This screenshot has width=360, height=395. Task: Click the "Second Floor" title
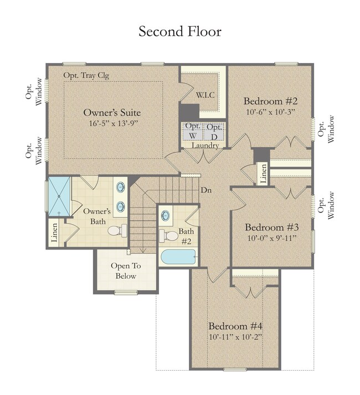tap(180, 32)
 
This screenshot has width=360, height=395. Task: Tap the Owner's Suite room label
tap(112, 112)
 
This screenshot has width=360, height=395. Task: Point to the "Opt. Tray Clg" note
tap(86, 75)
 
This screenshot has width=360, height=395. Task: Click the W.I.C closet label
tap(205, 95)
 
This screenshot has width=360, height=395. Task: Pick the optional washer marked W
tap(193, 131)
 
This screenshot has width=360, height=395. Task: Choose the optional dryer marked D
tap(214, 131)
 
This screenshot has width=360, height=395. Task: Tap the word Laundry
tap(205, 145)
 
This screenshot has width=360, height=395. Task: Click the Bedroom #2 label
tap(270, 101)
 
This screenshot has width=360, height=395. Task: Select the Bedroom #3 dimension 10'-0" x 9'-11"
tap(271, 238)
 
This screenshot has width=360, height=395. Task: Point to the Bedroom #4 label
tap(235, 326)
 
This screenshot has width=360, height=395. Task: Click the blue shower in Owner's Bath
tap(59, 196)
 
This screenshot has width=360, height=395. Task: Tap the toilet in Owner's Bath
tap(117, 231)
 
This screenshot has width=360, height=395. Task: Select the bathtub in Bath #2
tap(178, 257)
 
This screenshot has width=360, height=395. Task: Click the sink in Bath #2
tap(166, 215)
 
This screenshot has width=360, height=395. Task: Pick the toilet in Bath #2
tap(169, 236)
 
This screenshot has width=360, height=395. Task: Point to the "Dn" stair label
tap(206, 190)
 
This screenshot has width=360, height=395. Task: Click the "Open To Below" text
tap(126, 271)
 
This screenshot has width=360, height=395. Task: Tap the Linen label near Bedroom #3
tap(263, 174)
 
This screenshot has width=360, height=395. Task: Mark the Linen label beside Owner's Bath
tap(54, 232)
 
